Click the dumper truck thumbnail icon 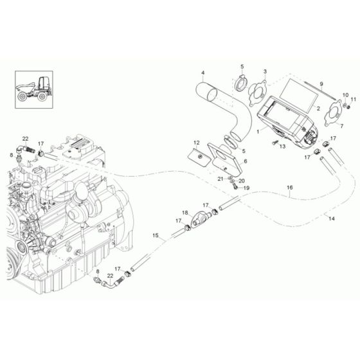point(34,89)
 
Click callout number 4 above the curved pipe point(203,73)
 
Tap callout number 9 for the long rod point(321,84)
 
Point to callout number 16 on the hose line point(290,188)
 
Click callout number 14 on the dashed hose point(332,219)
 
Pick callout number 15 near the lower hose point(156,235)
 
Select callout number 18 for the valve point(185,213)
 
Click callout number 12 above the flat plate point(197,143)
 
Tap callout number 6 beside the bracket point(246,161)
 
